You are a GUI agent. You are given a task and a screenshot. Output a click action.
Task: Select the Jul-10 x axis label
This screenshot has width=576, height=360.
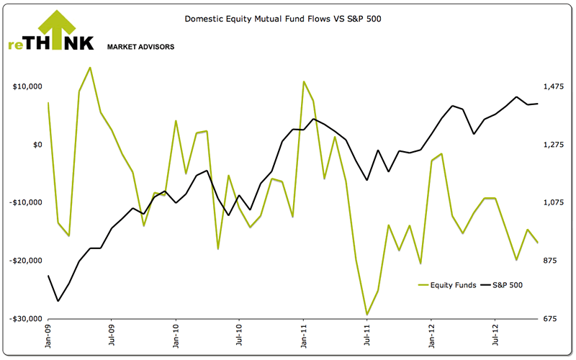click(x=240, y=336)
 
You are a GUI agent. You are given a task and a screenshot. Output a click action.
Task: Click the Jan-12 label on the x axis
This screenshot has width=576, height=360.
click(x=431, y=336)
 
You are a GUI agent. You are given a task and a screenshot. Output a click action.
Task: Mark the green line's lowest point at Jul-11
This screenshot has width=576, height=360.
click(x=367, y=315)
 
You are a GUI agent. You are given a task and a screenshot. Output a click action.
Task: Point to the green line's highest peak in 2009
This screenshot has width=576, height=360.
click(x=90, y=68)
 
